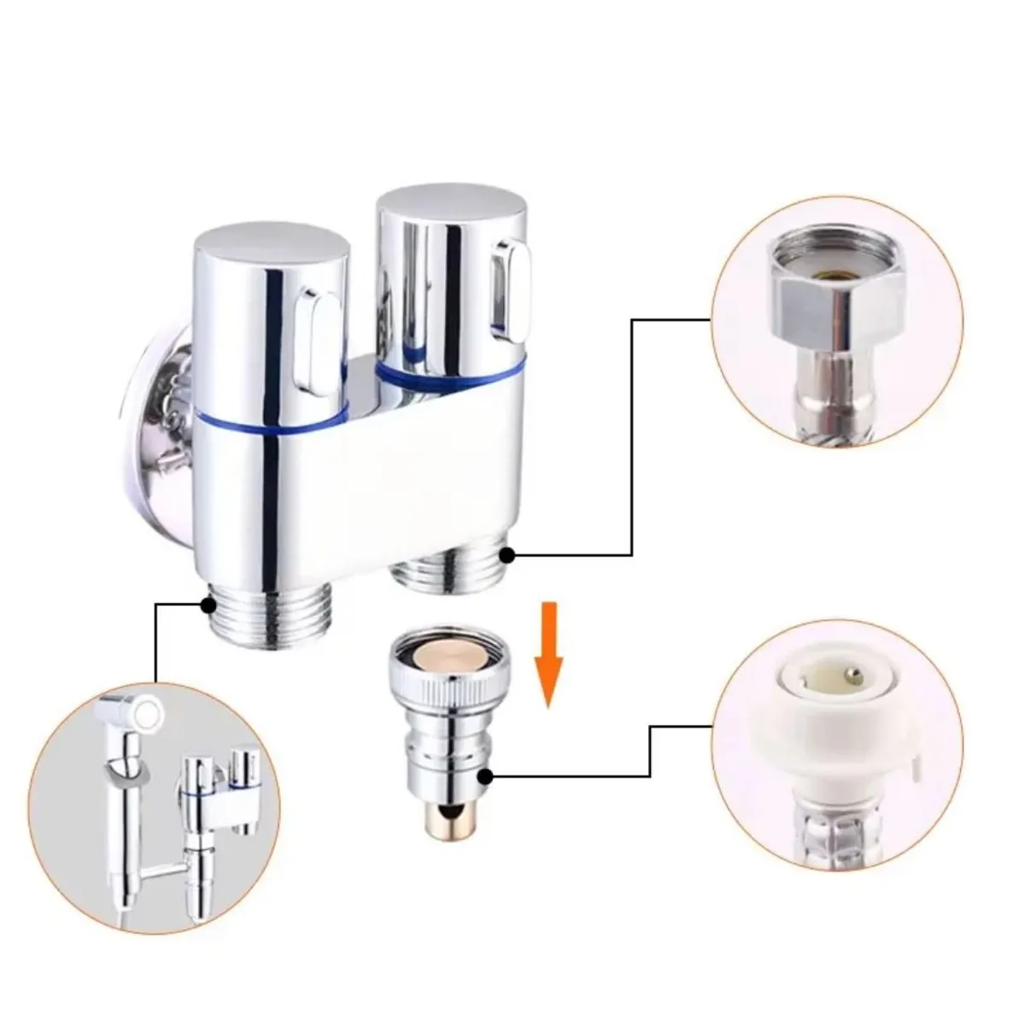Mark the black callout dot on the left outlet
click(206, 605)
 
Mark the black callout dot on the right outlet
click(507, 555)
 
